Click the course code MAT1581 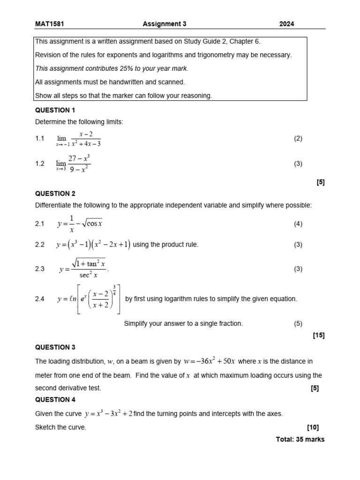click(49, 24)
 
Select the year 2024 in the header click(286, 24)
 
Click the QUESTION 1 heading click(55, 110)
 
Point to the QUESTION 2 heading click(55, 194)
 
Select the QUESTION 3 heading click(55, 347)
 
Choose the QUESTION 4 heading click(55, 400)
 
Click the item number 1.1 click(40, 139)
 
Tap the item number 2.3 click(40, 269)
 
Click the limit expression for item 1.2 click(73, 164)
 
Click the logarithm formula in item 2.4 click(89, 299)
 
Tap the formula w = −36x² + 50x click(212, 361)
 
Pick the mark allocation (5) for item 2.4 click(298, 324)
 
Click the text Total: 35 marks click(300, 440)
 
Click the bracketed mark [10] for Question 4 click(313, 427)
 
